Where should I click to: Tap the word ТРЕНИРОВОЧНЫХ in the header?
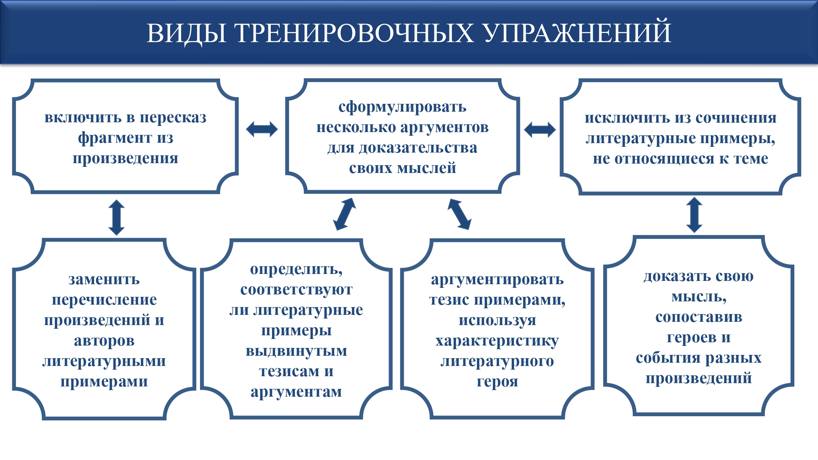click(x=354, y=33)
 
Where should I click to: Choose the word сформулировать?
click(x=402, y=107)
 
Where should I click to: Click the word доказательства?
click(x=418, y=148)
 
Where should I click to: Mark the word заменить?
click(x=104, y=280)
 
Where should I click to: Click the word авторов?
click(x=104, y=341)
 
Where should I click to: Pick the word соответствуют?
click(x=296, y=290)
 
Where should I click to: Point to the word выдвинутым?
click(x=296, y=351)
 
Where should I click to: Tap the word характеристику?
click(x=497, y=341)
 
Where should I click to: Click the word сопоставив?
click(x=699, y=317)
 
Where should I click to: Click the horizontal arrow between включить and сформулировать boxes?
click(x=262, y=129)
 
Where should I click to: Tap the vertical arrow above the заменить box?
click(x=117, y=217)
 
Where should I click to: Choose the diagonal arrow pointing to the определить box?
click(x=344, y=214)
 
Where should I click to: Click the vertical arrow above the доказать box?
click(x=694, y=215)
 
